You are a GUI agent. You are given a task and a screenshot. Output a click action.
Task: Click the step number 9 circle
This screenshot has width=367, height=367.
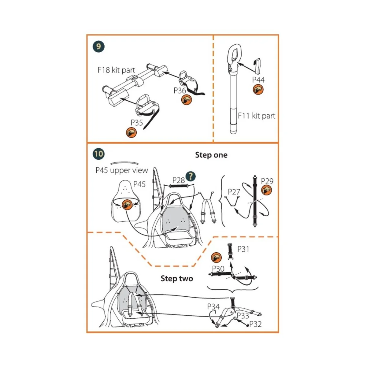click(x=98, y=47)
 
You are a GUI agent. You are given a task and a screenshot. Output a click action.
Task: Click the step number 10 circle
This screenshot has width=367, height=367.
click(x=98, y=154)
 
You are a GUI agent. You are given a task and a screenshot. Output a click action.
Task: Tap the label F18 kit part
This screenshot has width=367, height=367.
click(x=116, y=70)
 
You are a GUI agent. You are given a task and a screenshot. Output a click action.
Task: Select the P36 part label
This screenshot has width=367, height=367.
click(x=180, y=91)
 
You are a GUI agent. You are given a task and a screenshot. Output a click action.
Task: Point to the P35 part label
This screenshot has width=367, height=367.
click(x=137, y=123)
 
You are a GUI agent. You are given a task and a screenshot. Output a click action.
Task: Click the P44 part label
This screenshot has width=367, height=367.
click(x=258, y=80)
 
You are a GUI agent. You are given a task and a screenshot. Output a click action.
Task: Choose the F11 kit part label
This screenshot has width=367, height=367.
click(x=256, y=116)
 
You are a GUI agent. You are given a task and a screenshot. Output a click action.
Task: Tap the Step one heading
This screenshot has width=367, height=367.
click(x=211, y=155)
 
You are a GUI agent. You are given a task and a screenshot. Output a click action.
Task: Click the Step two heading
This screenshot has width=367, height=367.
click(x=177, y=279)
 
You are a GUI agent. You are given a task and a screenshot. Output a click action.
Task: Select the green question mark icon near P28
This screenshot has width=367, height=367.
click(x=191, y=176)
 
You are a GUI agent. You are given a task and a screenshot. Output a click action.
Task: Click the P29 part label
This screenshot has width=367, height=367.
click(x=267, y=181)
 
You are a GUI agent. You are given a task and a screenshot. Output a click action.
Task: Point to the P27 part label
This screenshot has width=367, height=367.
click(x=234, y=192)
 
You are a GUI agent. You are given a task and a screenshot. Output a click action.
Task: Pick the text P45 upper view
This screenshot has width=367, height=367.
click(x=122, y=170)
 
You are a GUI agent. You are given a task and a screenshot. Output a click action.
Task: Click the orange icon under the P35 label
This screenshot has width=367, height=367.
click(x=132, y=132)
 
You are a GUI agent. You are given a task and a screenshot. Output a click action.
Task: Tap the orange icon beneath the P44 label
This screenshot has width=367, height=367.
click(x=258, y=90)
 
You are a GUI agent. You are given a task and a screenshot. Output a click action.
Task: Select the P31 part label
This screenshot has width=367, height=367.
click(x=243, y=249)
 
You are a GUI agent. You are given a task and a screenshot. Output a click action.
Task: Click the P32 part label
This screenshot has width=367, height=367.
click(x=255, y=324)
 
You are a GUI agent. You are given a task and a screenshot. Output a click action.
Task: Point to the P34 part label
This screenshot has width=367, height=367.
click(x=213, y=306)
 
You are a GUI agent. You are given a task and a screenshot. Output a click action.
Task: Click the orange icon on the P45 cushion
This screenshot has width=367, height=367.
click(x=127, y=205)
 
